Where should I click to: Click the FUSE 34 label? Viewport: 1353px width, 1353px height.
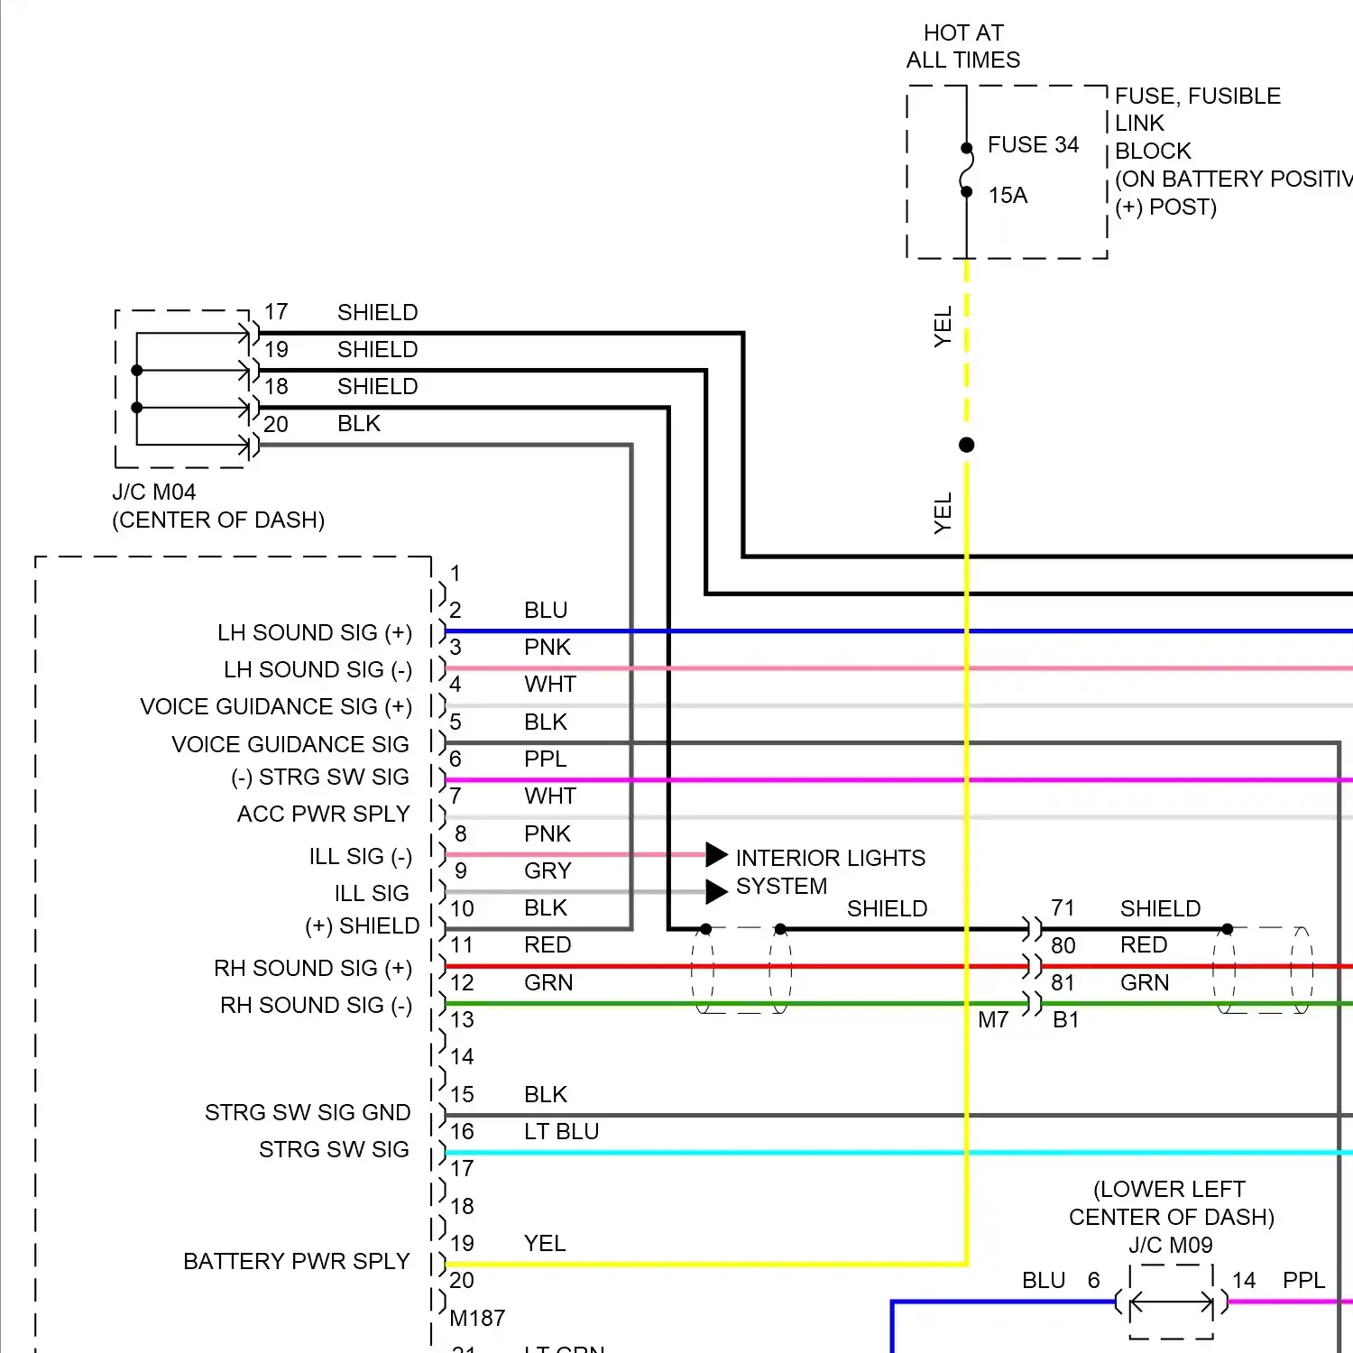pos(1033,145)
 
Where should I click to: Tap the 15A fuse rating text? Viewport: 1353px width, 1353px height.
pos(1008,196)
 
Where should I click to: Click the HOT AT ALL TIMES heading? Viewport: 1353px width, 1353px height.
pos(963,47)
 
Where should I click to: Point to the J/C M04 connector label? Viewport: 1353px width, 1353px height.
pos(154,492)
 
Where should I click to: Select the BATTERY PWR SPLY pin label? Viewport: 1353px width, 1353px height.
pos(297,1261)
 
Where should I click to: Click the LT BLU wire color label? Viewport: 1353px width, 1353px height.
pos(561,1131)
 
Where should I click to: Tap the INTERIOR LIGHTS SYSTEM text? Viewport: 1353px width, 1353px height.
pos(830,871)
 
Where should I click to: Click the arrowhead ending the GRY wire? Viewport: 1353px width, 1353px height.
pos(716,891)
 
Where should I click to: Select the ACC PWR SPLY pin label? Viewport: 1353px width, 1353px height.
pos(323,814)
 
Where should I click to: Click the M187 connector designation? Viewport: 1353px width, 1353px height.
pos(477,1318)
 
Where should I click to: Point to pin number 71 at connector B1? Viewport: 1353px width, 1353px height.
pos(1063,908)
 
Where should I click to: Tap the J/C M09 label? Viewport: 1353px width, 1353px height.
pos(1171,1245)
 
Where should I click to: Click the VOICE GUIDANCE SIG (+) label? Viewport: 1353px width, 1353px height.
pos(276,706)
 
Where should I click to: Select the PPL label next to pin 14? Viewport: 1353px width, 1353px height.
pos(1303,1280)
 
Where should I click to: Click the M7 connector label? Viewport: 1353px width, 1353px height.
pos(993,1020)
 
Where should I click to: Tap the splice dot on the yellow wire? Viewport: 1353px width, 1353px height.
pos(967,445)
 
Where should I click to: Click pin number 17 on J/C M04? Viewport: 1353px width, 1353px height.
pos(276,312)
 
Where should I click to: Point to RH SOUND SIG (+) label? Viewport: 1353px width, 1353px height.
pos(313,968)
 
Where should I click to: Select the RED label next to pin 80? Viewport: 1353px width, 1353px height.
pos(1144,945)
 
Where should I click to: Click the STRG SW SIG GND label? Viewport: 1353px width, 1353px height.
pos(308,1112)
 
